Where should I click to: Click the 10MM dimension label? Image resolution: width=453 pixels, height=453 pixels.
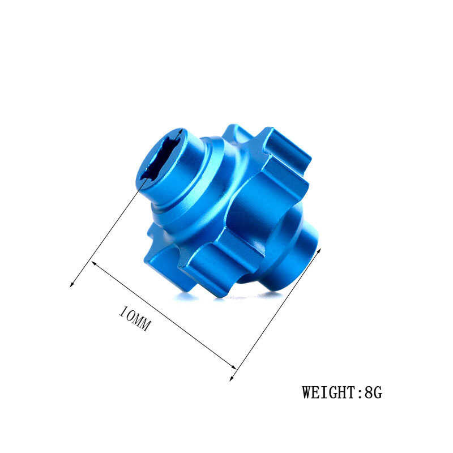pyautogui.click(x=134, y=319)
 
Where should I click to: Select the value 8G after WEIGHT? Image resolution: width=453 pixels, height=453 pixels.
pyautogui.click(x=374, y=392)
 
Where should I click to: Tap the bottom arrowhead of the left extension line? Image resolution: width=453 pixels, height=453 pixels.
pyautogui.click(x=71, y=285)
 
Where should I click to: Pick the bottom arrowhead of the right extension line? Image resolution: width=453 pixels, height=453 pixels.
pyautogui.click(x=232, y=378)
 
